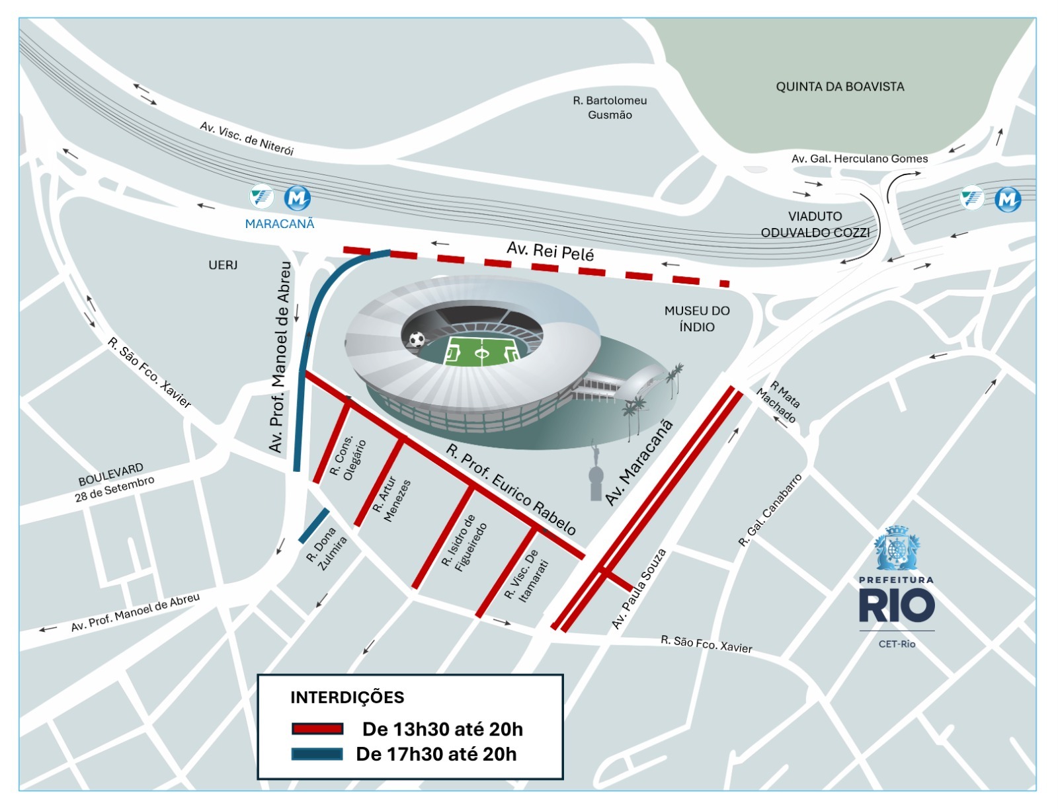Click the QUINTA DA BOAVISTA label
coord(840,87)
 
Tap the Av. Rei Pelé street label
coord(550,251)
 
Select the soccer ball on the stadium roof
coord(417,340)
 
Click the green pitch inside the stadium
coord(482,352)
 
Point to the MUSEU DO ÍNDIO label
coord(697,319)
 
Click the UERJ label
coord(223,265)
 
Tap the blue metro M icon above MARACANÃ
coord(297,197)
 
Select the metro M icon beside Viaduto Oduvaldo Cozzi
coord(1008,198)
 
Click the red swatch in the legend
coord(317,729)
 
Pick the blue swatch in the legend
coord(317,754)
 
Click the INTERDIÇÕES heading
coord(347,697)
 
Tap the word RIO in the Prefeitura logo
coord(897,606)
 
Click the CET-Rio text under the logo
coord(897,644)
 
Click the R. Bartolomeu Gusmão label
coord(610,108)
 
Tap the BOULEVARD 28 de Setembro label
coord(114,481)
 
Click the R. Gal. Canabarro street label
coord(770,511)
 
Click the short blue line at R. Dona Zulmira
coord(314,525)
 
